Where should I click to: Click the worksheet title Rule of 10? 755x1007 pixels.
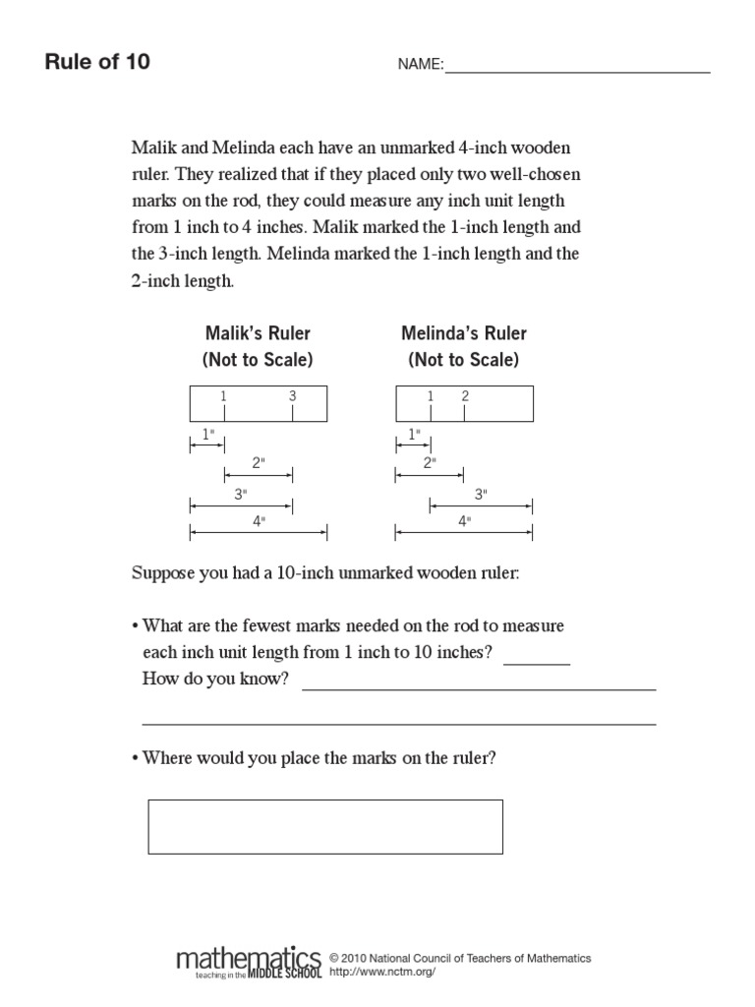click(97, 63)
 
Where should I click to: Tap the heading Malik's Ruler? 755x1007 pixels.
click(258, 333)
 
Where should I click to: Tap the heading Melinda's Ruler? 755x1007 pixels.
click(464, 333)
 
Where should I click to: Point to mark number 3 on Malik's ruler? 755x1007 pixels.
click(292, 396)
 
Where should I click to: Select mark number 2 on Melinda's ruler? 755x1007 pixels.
click(465, 396)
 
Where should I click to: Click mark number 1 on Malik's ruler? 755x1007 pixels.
click(224, 396)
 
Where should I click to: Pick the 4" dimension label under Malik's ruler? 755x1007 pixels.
click(259, 522)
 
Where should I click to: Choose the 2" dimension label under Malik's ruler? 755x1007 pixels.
click(259, 462)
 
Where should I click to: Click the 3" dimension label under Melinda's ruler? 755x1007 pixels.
click(481, 495)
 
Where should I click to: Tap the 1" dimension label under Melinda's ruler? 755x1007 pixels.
click(413, 434)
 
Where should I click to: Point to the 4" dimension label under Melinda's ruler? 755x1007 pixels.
click(464, 522)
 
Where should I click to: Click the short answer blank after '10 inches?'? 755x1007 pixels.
click(536, 661)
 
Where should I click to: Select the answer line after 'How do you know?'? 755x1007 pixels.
click(479, 686)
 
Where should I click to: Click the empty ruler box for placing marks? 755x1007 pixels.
click(325, 826)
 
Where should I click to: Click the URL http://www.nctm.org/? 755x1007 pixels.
click(382, 972)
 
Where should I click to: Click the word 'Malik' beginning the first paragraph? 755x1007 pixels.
click(153, 149)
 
